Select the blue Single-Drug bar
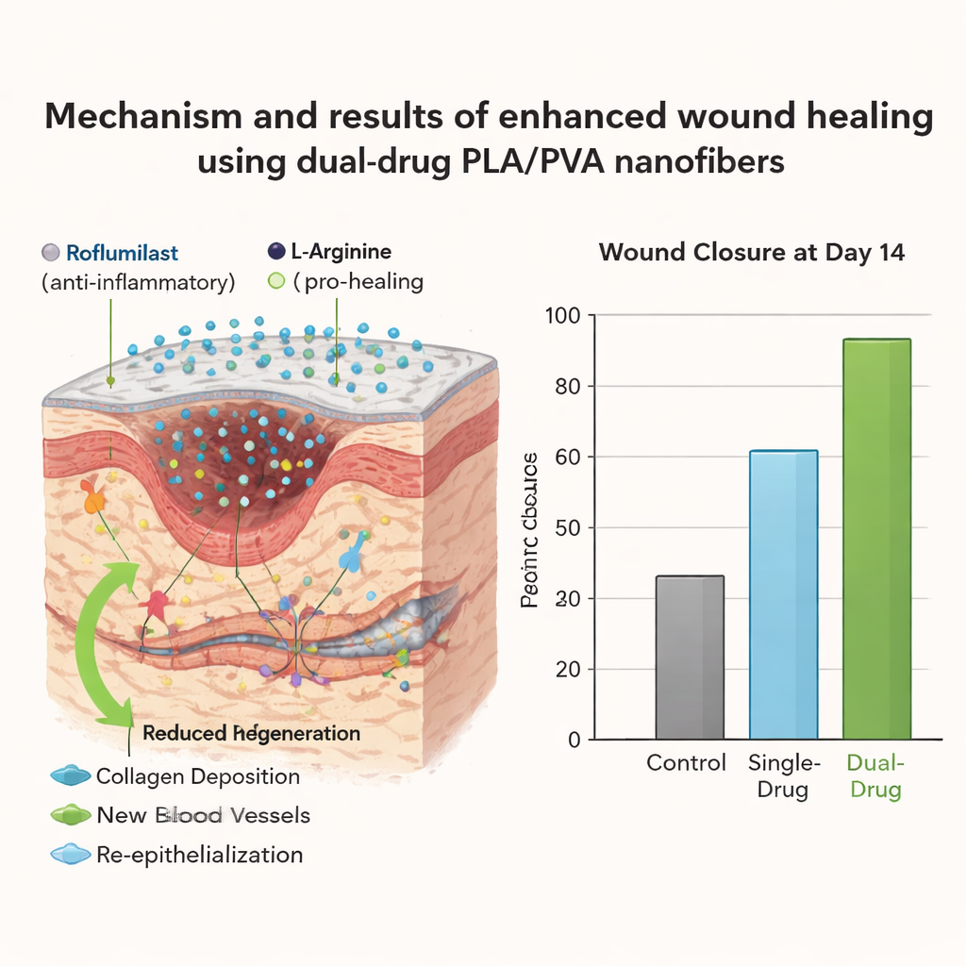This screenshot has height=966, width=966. (783, 594)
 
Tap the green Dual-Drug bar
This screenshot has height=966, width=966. (876, 538)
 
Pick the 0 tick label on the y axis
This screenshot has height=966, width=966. (574, 741)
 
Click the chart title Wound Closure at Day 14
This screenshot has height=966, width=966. (752, 253)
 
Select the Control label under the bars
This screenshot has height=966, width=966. (687, 762)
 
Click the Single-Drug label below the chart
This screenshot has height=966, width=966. (783, 775)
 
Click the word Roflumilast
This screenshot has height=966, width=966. (122, 253)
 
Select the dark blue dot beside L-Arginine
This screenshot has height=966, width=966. (275, 251)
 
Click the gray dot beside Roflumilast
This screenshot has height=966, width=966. (51, 253)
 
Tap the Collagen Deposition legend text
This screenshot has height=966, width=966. (198, 777)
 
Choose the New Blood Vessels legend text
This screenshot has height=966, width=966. (203, 815)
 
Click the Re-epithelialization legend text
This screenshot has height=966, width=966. (200, 855)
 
